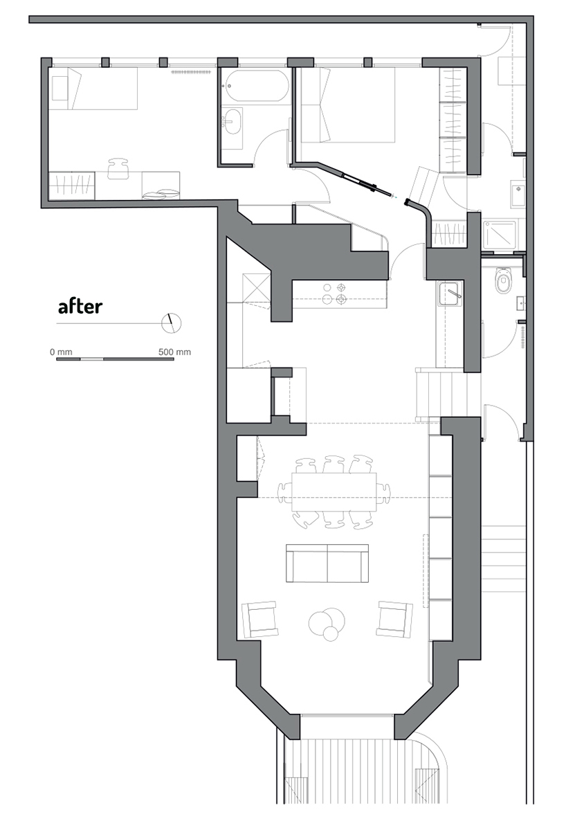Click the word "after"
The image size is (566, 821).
click(x=80, y=306)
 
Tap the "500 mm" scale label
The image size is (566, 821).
click(x=174, y=352)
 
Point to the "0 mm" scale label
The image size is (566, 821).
click(x=62, y=352)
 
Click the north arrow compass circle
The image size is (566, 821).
click(x=171, y=323)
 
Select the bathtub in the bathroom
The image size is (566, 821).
click(x=255, y=87)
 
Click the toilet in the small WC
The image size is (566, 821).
click(x=504, y=281)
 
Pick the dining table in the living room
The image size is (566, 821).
click(x=335, y=492)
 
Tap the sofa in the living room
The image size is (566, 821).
click(x=327, y=563)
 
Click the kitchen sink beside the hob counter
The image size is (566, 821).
click(x=450, y=294)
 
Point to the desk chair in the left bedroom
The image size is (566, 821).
click(x=119, y=169)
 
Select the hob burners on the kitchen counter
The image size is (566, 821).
click(x=335, y=294)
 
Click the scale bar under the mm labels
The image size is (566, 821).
click(x=115, y=359)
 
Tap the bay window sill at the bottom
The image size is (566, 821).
click(x=347, y=715)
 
